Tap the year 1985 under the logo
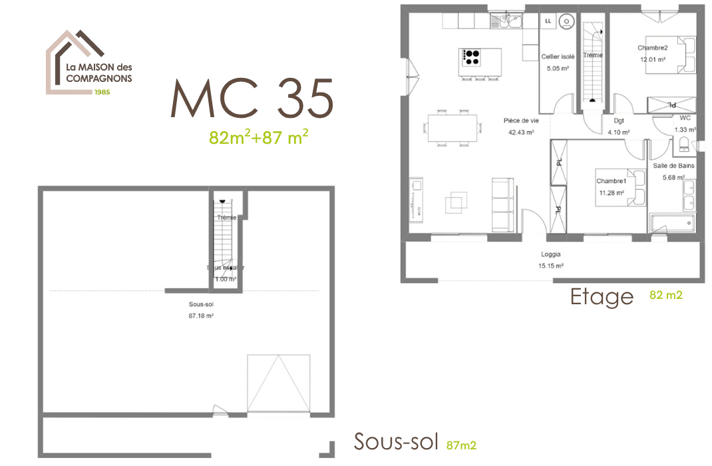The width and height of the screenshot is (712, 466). [102, 92]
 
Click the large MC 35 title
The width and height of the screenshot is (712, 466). [252, 99]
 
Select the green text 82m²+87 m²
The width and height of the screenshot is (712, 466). [258, 137]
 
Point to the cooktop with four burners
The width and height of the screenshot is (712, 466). [472, 57]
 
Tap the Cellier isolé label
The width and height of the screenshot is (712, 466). [558, 57]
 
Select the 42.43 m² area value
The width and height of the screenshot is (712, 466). [521, 132]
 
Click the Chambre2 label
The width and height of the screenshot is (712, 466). [652, 48]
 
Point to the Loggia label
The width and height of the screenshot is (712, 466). [550, 254]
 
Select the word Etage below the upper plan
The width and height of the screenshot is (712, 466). [602, 297]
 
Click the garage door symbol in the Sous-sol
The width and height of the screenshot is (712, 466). [278, 383]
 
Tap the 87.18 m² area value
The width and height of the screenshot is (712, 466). [200, 316]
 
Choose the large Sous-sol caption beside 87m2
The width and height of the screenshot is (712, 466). [396, 441]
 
